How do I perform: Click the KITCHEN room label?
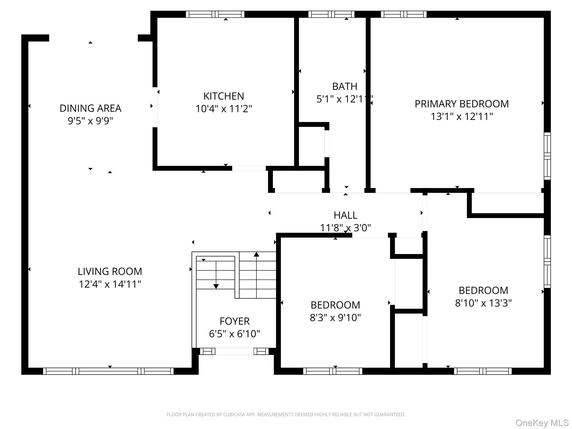pyautogui.click(x=223, y=96)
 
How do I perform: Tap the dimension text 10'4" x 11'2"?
pyautogui.click(x=223, y=109)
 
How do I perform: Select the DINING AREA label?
pyautogui.click(x=90, y=108)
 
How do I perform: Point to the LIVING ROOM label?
pyautogui.click(x=110, y=271)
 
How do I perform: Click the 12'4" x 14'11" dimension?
pyautogui.click(x=110, y=284)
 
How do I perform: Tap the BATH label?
pyautogui.click(x=345, y=86)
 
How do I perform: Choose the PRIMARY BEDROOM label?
pyautogui.click(x=461, y=104)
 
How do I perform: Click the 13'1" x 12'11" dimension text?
pyautogui.click(x=461, y=116)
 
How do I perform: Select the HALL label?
pyautogui.click(x=345, y=215)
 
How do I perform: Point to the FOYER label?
pyautogui.click(x=234, y=321)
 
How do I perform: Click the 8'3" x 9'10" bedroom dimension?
pyautogui.click(x=335, y=318)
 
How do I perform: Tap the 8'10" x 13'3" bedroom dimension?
pyautogui.click(x=483, y=303)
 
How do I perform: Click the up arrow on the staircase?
pyautogui.click(x=256, y=254)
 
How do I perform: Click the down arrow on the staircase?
pyautogui.click(x=216, y=286)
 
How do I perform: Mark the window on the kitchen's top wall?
pyautogui.click(x=215, y=14)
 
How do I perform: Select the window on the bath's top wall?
pyautogui.click(x=331, y=14)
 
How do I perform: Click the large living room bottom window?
pyautogui.click(x=108, y=371)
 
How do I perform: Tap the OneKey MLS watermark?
pyautogui.click(x=542, y=423)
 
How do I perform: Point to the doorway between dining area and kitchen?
pyautogui.click(x=155, y=107)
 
